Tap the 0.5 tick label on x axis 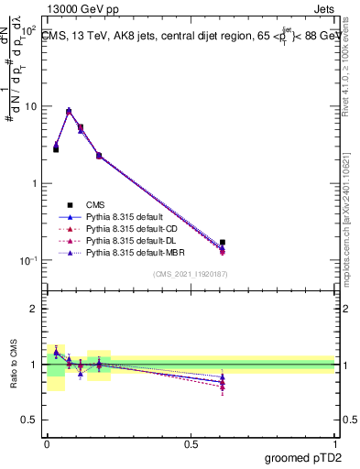coord(190,444)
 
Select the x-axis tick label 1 coord(334,444)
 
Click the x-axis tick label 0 coord(47,444)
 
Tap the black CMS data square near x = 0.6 coord(223,243)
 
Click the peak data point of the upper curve coord(69,111)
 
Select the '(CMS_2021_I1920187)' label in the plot coord(190,274)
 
